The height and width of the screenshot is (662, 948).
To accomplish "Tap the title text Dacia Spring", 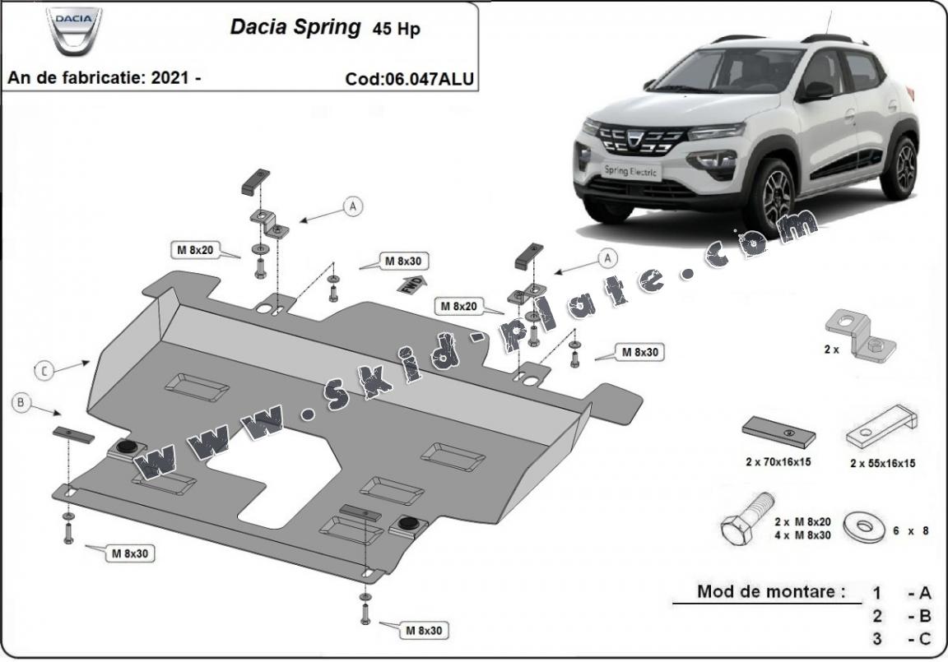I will pos(295,27).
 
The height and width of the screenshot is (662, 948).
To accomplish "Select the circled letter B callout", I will pos(22,402).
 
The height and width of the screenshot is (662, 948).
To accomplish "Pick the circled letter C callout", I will pos(44,371).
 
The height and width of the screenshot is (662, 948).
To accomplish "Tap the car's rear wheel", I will pos(904,168).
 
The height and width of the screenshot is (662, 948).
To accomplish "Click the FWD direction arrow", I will pos(411,285).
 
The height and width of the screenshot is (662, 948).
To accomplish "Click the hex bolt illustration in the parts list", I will pos(746,516).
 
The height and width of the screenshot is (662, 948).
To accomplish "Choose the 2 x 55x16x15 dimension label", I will pos(882,463).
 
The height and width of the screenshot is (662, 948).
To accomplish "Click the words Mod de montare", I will pos(770,591).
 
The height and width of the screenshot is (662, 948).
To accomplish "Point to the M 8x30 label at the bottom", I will pos(424,631).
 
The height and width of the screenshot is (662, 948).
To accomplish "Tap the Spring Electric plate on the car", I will pos(629,170).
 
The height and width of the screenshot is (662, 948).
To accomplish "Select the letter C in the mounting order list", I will pos(925,638).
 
